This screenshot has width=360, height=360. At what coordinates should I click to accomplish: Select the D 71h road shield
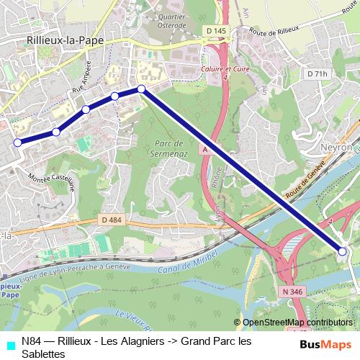(x=316, y=73)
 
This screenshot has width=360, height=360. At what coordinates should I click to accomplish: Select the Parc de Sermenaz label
(x=171, y=148)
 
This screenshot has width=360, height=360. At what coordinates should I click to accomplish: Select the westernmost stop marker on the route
(x=17, y=143)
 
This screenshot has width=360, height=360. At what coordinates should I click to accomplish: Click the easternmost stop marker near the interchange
(x=343, y=251)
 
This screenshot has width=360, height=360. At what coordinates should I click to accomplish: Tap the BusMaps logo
(x=325, y=345)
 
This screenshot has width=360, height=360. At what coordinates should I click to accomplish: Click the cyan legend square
(x=9, y=345)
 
